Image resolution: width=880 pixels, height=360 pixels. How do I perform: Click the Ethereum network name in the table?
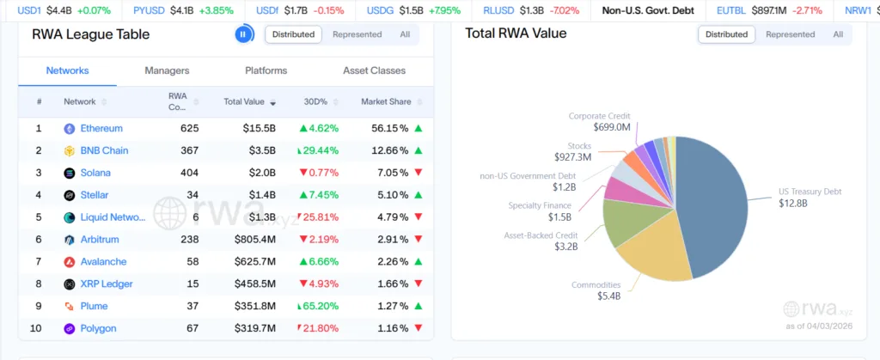tap(101, 129)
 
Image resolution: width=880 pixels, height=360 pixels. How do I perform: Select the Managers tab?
tap(167, 70)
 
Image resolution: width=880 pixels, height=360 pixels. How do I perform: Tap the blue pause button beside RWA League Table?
tap(243, 34)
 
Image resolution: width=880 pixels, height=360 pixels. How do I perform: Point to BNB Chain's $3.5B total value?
tap(258, 151)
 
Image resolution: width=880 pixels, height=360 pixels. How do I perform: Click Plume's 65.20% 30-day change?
tap(319, 306)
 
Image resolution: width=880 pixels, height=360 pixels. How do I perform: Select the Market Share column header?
tap(386, 101)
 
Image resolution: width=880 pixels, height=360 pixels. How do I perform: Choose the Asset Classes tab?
tap(374, 70)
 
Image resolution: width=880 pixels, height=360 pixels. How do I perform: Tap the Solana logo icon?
tap(70, 174)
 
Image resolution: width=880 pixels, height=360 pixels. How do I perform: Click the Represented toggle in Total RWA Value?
tap(790, 34)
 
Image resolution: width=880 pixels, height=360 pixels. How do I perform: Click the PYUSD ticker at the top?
tap(151, 10)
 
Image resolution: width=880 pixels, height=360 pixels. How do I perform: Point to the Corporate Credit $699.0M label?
tap(599, 121)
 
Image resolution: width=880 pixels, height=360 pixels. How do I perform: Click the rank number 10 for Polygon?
tap(39, 328)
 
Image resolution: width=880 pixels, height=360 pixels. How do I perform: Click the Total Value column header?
tap(244, 101)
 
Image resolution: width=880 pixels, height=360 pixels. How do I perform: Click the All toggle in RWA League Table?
tap(405, 34)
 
